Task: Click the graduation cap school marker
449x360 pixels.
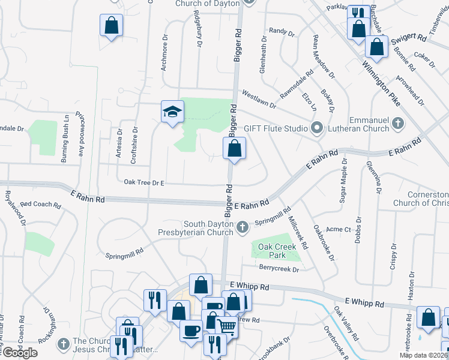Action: point(172,112)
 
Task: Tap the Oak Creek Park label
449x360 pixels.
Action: point(277,250)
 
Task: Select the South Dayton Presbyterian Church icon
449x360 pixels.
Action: point(243,226)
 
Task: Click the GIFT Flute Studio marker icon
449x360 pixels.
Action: point(317,128)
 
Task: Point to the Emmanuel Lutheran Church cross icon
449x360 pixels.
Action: point(397,124)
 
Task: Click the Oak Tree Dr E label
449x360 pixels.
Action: point(144,182)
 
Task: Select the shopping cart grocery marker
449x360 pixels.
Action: point(227,327)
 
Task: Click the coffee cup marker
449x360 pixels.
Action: point(191,330)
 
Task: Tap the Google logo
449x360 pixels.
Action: point(19,352)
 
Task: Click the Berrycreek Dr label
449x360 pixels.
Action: point(279,269)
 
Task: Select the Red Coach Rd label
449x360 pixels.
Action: point(40,205)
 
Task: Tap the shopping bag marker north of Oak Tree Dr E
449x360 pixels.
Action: point(235,148)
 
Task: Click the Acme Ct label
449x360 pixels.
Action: point(339,229)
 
